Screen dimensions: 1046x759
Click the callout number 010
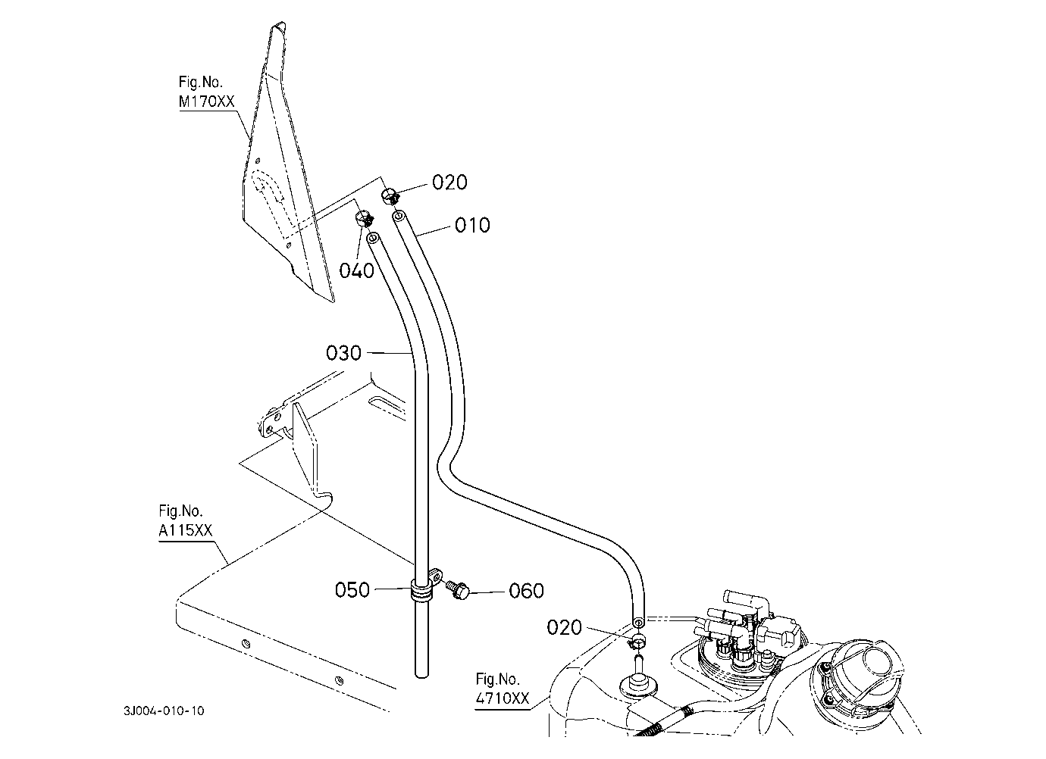pos(472,226)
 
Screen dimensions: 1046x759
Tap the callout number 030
pos(343,353)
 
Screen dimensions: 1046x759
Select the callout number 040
pos(357,270)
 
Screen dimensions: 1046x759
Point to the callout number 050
pos(352,590)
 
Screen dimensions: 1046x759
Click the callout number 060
pos(526,591)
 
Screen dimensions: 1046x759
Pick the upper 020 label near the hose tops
pos(449,183)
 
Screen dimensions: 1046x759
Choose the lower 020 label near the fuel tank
pos(564,628)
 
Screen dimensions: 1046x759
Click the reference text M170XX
pos(206,102)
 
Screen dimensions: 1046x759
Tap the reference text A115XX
pos(186,530)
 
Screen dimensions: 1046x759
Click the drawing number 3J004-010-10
pos(164,711)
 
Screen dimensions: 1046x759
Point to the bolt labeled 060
pos(457,590)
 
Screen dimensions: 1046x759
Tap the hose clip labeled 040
pos(365,219)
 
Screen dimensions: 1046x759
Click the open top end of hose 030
pos(372,239)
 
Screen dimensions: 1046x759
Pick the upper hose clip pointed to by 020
pos(391,195)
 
